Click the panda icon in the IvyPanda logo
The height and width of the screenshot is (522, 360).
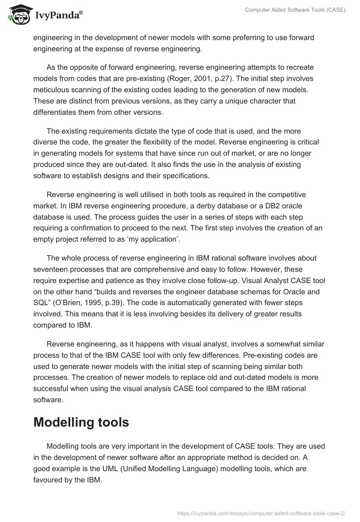pos(18,15)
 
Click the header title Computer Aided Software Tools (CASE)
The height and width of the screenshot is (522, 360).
pos(295,10)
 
